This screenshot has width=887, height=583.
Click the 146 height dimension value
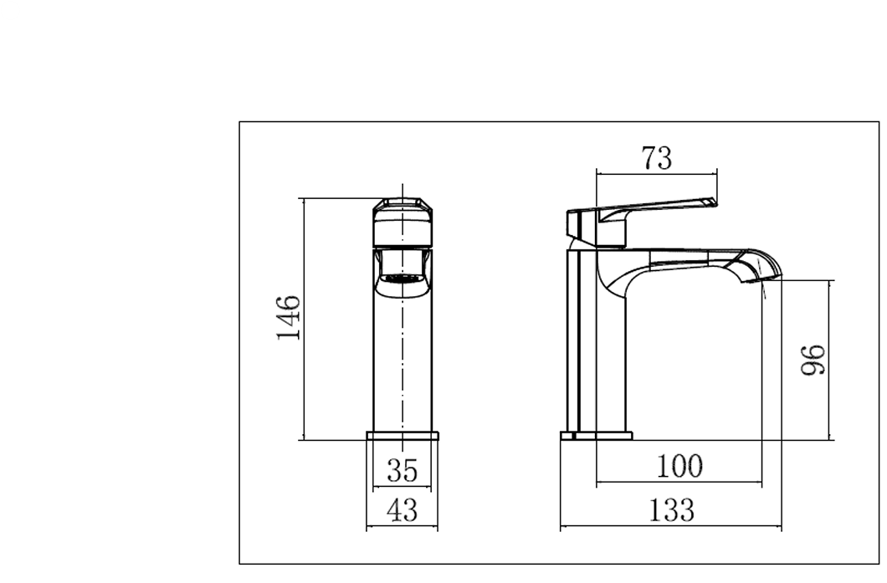[289, 318]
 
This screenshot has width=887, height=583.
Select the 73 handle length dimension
[658, 157]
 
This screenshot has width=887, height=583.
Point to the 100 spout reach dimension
[679, 467]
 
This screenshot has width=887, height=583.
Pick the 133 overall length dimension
[671, 509]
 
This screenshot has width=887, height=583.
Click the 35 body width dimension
[402, 469]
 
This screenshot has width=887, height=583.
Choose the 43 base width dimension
[402, 510]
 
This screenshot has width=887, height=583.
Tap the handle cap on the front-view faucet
[402, 207]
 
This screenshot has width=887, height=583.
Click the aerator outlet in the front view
[402, 279]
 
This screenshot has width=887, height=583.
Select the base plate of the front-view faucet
[402, 436]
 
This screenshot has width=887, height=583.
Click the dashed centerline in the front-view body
[403, 360]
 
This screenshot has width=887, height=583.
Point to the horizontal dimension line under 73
[658, 173]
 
